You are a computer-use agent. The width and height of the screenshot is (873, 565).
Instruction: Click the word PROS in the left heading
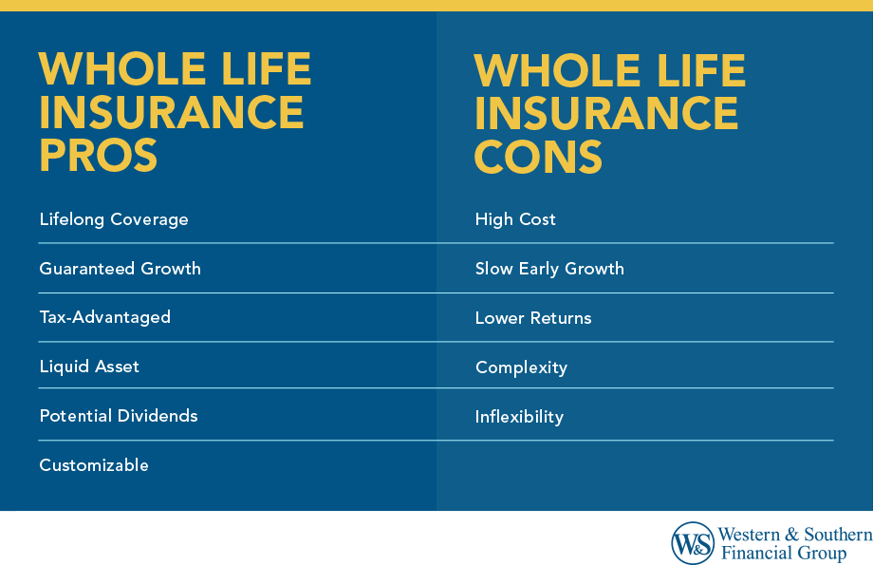pos(99,155)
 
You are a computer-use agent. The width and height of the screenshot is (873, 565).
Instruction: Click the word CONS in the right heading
pos(538,157)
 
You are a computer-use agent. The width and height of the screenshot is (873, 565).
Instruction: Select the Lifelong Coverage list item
pos(114,219)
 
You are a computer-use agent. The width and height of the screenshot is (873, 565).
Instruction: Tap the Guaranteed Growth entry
pos(120,269)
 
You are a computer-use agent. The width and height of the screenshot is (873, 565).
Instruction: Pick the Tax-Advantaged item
pos(104,317)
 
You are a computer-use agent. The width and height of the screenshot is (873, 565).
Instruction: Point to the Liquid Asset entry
pos(89,367)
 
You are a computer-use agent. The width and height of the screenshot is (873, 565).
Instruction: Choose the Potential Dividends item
pos(119,416)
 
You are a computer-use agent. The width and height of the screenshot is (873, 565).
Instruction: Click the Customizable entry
pos(94,465)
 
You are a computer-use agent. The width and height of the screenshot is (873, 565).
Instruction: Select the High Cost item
pos(515,219)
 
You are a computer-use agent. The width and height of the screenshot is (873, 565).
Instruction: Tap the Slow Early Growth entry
pos(549,269)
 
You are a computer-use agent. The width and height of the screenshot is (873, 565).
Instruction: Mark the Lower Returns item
pos(533,318)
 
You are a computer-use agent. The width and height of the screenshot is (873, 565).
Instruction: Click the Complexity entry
pos(521,367)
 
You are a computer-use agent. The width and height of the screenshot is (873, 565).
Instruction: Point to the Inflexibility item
pos(519,417)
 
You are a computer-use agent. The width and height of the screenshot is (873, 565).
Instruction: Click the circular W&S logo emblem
pos(693,543)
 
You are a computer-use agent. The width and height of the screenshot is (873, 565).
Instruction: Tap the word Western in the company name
pos(749,535)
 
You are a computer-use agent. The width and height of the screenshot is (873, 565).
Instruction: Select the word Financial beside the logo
pos(757,553)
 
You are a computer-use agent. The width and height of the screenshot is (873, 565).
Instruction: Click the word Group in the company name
pos(823,554)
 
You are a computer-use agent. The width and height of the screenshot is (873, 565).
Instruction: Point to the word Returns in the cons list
pos(561,318)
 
